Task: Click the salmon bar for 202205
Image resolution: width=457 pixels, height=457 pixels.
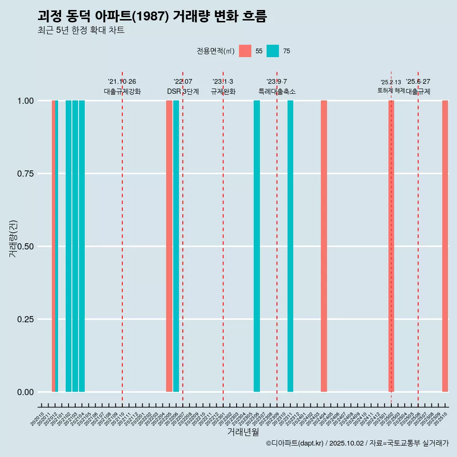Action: tap(169, 246)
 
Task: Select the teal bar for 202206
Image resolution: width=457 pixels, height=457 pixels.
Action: tap(176, 246)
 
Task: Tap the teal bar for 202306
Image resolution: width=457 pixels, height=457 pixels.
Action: tap(257, 246)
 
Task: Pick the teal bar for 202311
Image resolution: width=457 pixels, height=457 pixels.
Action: tap(290, 246)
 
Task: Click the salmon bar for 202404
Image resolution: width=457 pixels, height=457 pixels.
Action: tap(324, 246)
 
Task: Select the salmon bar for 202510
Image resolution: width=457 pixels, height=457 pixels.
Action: tap(445, 246)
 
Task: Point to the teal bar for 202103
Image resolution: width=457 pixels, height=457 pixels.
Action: tap(75, 246)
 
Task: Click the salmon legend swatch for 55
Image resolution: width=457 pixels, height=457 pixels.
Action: tap(245, 51)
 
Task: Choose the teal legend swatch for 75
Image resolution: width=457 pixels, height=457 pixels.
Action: tap(273, 51)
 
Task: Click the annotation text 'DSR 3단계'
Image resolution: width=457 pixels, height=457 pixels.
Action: tap(183, 91)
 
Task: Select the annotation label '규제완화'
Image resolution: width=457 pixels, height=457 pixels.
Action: tap(223, 91)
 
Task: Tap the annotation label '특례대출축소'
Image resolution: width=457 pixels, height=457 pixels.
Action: tap(277, 91)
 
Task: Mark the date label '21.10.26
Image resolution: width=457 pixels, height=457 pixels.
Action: tap(122, 82)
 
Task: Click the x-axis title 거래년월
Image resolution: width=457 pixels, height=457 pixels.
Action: tap(243, 432)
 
